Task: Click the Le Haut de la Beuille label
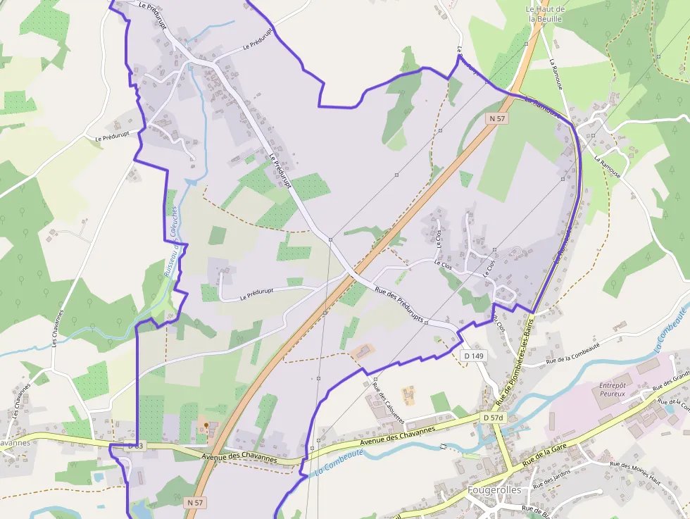tap(545, 14)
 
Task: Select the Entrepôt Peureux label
tap(613, 389)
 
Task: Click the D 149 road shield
tap(475, 356)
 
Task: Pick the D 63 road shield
tap(135, 446)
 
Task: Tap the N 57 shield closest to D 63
tap(196, 502)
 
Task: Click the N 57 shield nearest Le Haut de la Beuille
tap(498, 119)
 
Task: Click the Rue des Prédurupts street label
tap(399, 304)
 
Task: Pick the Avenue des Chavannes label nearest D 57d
tap(398, 434)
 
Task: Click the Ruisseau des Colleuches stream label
tap(171, 239)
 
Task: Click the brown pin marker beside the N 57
tap(204, 426)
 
